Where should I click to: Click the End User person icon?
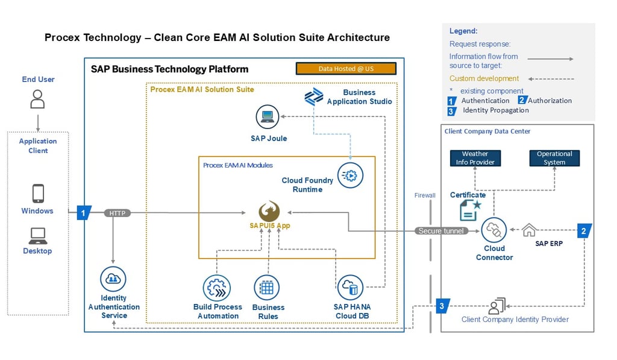pos(37,99)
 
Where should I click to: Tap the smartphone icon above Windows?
pos(37,194)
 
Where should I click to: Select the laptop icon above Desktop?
pos(37,235)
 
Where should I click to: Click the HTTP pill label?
pos(117,213)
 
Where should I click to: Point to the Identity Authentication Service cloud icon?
pos(113,280)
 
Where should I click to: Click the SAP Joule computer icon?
pos(268,118)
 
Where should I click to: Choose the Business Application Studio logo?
pos(313,96)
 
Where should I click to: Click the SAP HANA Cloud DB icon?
pos(350,288)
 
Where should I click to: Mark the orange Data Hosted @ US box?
pos(346,69)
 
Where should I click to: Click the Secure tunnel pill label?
pos(442,231)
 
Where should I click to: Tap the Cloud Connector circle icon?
pos(494,230)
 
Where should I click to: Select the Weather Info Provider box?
pos(475,158)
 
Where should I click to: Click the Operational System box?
pos(554,158)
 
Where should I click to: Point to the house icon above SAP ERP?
pos(528,230)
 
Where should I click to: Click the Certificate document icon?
pos(469,210)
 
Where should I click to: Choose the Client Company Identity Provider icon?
pos(496,306)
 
